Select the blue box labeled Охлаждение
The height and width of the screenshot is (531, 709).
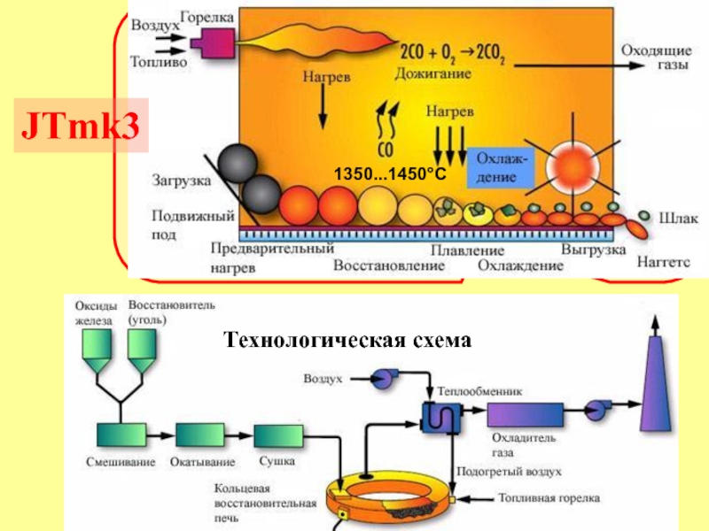[500, 165]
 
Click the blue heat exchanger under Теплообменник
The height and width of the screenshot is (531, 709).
[440, 414]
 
